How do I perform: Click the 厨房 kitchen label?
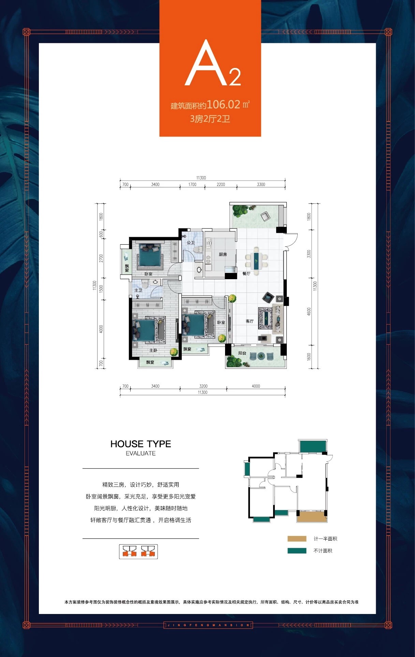(223, 254)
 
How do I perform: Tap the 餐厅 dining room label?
(246, 273)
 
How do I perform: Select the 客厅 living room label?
(250, 321)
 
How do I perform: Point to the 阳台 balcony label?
(242, 353)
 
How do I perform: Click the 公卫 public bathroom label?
(190, 243)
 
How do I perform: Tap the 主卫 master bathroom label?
(138, 290)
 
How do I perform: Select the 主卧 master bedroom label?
(153, 350)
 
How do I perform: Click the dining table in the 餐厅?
(256, 261)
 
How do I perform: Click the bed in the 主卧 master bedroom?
(149, 330)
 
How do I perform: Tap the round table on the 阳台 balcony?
(261, 356)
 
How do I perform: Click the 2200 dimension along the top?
(221, 184)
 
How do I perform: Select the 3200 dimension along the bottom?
(203, 386)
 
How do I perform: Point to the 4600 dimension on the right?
(309, 311)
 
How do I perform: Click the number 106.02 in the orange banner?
(224, 104)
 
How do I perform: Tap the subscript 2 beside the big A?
(235, 77)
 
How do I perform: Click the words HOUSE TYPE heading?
(140, 444)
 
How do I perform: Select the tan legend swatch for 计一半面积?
(297, 539)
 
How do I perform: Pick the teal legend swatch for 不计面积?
(297, 551)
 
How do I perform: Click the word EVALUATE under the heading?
(140, 453)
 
